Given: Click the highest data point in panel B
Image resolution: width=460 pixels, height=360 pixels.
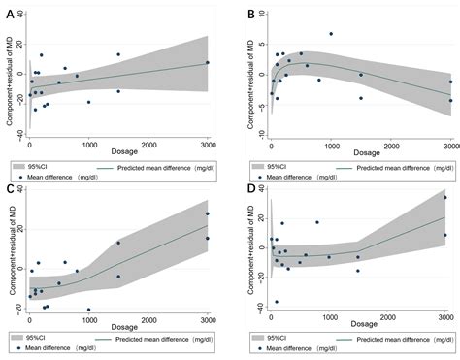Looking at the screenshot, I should (x=331, y=34).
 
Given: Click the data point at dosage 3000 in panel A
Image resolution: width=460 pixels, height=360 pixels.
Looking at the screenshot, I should (x=207, y=63).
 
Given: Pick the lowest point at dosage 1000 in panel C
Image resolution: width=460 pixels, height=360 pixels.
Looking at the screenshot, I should (x=89, y=310).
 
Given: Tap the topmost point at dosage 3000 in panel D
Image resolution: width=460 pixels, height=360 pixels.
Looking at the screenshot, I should (x=445, y=198).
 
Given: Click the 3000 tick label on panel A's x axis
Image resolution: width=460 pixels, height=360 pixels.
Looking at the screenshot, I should (x=207, y=146).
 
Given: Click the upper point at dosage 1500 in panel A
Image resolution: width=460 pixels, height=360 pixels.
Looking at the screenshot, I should (x=118, y=54).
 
